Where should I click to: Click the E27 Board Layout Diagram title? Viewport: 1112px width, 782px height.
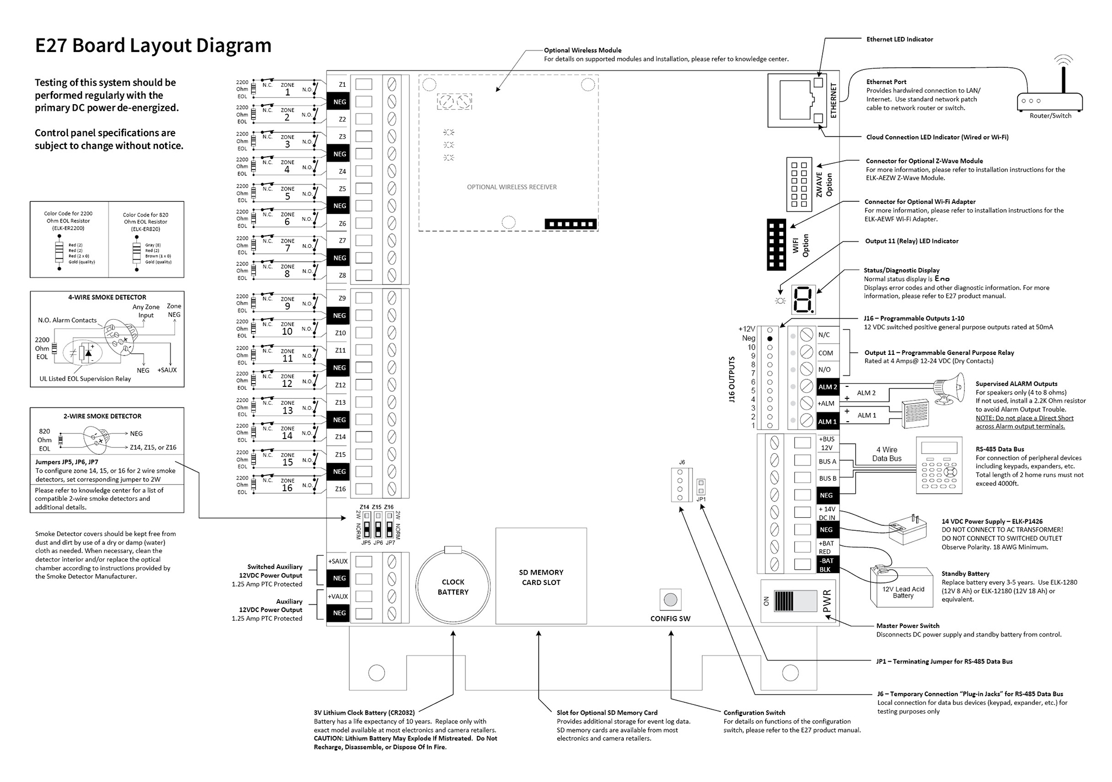[153, 46]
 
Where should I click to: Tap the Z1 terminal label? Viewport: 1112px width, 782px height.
[342, 85]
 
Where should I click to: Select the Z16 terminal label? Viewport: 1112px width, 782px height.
[340, 489]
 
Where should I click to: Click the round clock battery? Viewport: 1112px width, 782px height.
[453, 587]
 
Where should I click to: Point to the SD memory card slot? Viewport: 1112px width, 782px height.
[541, 577]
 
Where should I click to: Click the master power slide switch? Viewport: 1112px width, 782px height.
[795, 601]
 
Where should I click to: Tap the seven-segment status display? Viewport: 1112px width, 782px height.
[803, 300]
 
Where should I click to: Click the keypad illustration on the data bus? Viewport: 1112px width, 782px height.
[939, 465]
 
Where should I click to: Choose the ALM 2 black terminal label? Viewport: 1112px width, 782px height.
[827, 387]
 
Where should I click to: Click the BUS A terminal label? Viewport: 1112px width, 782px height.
[827, 462]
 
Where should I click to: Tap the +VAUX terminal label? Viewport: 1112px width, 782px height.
[338, 596]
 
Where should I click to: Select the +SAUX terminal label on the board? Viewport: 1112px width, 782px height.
[338, 561]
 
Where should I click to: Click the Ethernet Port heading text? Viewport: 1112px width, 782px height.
[886, 82]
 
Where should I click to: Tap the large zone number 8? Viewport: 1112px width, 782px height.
[287, 274]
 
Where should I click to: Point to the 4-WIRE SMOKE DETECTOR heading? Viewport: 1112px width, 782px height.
[107, 297]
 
